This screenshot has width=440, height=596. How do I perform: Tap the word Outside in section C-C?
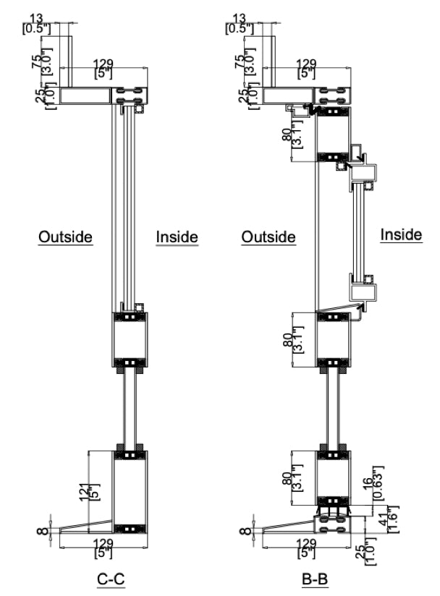point(66,237)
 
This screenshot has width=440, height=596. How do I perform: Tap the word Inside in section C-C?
point(177,237)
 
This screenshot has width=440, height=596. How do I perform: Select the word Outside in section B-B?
point(268,237)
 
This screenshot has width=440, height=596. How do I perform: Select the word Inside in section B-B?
point(401,234)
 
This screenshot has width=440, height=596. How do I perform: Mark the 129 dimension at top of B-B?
point(307,67)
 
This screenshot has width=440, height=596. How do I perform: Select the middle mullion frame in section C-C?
point(130,339)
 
